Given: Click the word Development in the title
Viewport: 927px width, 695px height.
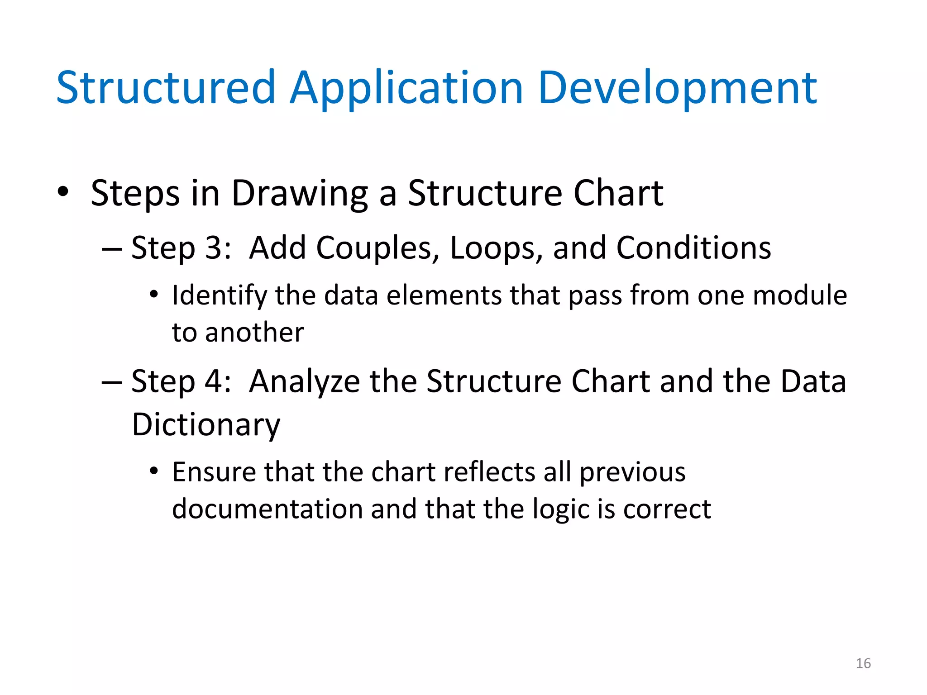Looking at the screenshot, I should pyautogui.click(x=677, y=88).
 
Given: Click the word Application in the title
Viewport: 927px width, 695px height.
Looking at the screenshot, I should pyautogui.click(x=406, y=88).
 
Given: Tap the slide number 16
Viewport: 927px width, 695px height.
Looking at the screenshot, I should pyautogui.click(x=863, y=663).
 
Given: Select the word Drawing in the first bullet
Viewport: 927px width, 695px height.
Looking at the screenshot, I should pyautogui.click(x=300, y=194).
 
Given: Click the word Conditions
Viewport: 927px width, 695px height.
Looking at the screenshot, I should pyautogui.click(x=693, y=248).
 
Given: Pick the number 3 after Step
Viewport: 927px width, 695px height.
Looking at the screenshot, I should pyautogui.click(x=214, y=248).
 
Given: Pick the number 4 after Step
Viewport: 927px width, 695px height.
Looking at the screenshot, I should pyautogui.click(x=214, y=381).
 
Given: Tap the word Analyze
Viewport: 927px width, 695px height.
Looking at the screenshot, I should pyautogui.click(x=305, y=381).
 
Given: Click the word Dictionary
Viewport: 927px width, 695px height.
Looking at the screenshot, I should pyautogui.click(x=206, y=424).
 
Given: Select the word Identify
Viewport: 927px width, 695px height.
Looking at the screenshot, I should pyautogui.click(x=220, y=296).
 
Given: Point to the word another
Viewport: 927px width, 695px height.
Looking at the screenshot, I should pyautogui.click(x=254, y=333).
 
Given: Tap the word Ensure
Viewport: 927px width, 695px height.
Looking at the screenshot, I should pyautogui.click(x=214, y=472).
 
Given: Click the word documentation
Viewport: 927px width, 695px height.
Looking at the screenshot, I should pyautogui.click(x=267, y=509).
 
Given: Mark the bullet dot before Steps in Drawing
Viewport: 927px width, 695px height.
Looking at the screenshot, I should pyautogui.click(x=63, y=192).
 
